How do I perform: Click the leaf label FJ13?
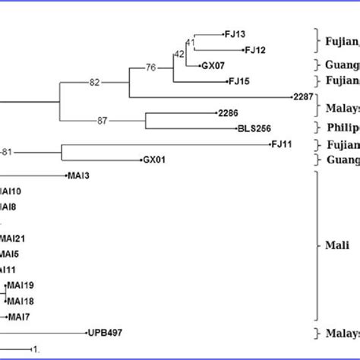pos(234,35)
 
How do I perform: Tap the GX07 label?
pos(211,65)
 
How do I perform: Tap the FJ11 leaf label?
pos(282,144)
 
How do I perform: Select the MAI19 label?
pos(22,286)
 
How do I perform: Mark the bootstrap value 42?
pos(179,54)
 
